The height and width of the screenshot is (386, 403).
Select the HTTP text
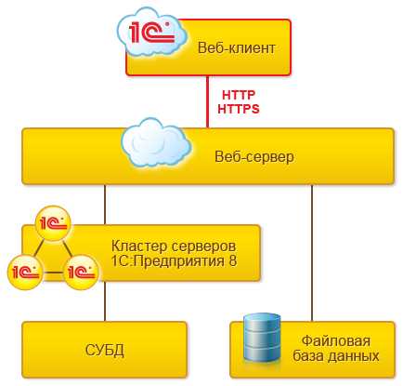pyautogui.click(x=237, y=95)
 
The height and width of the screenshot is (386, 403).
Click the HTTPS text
pyautogui.click(x=238, y=109)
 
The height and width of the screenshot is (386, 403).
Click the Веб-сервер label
pyautogui.click(x=253, y=155)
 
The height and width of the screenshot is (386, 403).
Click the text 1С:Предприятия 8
pyautogui.click(x=174, y=261)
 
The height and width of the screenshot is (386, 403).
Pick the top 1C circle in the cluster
pyautogui.click(x=53, y=225)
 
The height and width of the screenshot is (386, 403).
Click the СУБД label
pyautogui.click(x=105, y=350)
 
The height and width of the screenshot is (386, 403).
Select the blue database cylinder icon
pyautogui.click(x=262, y=339)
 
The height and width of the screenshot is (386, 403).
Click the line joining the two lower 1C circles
pyautogui.click(x=52, y=273)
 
